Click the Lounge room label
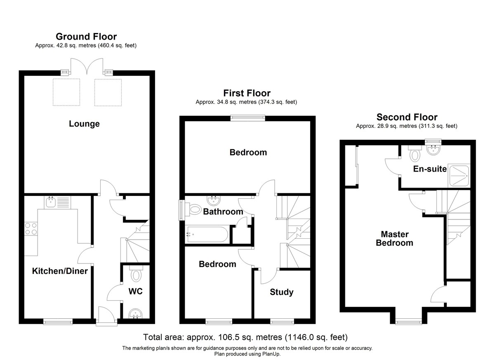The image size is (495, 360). click(x=84, y=124)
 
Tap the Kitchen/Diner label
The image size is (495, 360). click(x=60, y=271)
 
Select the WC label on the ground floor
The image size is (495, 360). click(x=135, y=291)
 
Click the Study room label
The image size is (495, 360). click(x=281, y=292)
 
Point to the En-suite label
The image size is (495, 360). click(x=430, y=169)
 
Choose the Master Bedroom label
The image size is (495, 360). click(x=394, y=238)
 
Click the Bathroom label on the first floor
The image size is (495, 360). click(x=223, y=212)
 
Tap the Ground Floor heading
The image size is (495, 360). click(x=86, y=36)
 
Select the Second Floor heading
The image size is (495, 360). click(x=407, y=117)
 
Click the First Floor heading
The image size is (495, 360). click(x=247, y=93)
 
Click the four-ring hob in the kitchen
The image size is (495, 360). click(x=31, y=229)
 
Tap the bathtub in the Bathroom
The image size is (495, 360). click(x=207, y=234)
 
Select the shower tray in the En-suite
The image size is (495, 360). click(x=459, y=176)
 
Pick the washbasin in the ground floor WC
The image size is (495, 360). click(x=135, y=314)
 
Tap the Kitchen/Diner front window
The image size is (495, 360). click(x=58, y=321)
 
